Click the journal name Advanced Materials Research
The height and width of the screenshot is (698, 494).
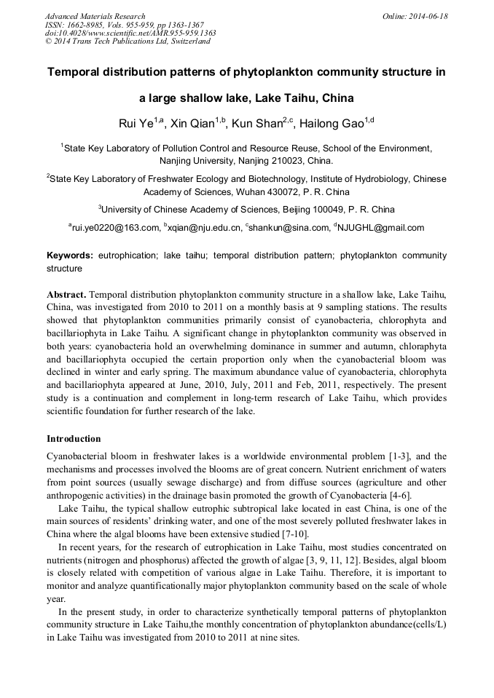click(95, 16)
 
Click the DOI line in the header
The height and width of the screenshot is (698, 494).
click(130, 33)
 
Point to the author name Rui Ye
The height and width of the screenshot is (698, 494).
click(136, 123)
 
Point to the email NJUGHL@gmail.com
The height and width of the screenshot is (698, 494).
click(381, 228)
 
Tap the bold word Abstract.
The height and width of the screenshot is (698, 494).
click(66, 293)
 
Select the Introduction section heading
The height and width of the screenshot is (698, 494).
click(74, 439)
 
